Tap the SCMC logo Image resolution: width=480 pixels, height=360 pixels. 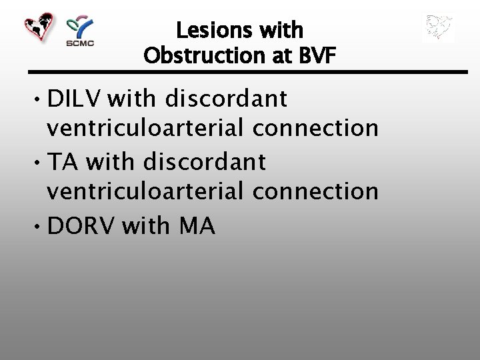[80, 31]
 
